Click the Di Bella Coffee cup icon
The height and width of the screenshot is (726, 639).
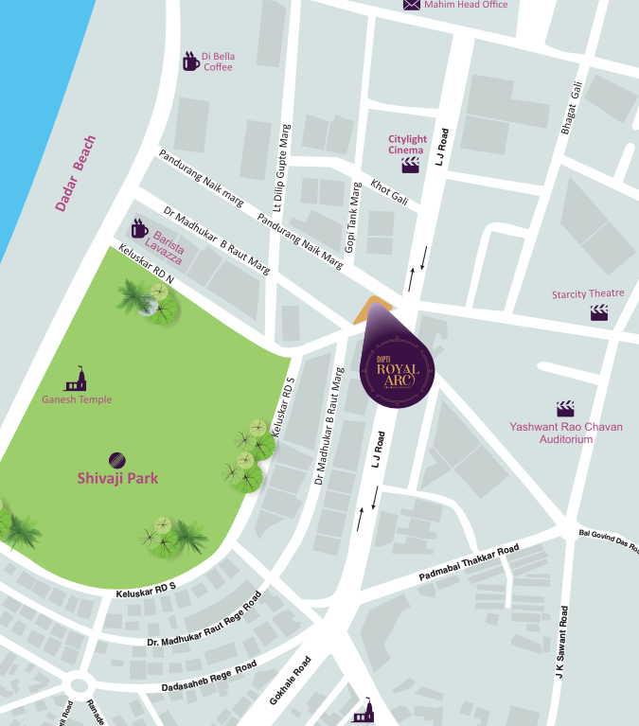[191, 62]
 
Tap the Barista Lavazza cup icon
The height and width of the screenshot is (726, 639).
[139, 229]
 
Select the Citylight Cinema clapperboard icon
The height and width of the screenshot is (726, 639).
[411, 165]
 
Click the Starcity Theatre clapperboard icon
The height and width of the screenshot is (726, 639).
[599, 311]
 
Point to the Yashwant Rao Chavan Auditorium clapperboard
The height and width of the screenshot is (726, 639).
[565, 409]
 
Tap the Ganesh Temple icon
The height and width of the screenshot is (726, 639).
[77, 380]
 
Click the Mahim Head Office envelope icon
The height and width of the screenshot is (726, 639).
[412, 5]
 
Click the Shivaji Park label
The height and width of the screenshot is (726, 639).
[117, 478]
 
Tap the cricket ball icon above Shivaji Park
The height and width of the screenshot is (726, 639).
[115, 459]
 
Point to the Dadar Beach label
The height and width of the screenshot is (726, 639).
[75, 174]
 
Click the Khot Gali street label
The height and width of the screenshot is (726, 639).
[389, 190]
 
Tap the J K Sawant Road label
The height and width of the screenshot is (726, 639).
[562, 645]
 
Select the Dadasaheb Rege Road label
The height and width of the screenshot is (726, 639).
[208, 678]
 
